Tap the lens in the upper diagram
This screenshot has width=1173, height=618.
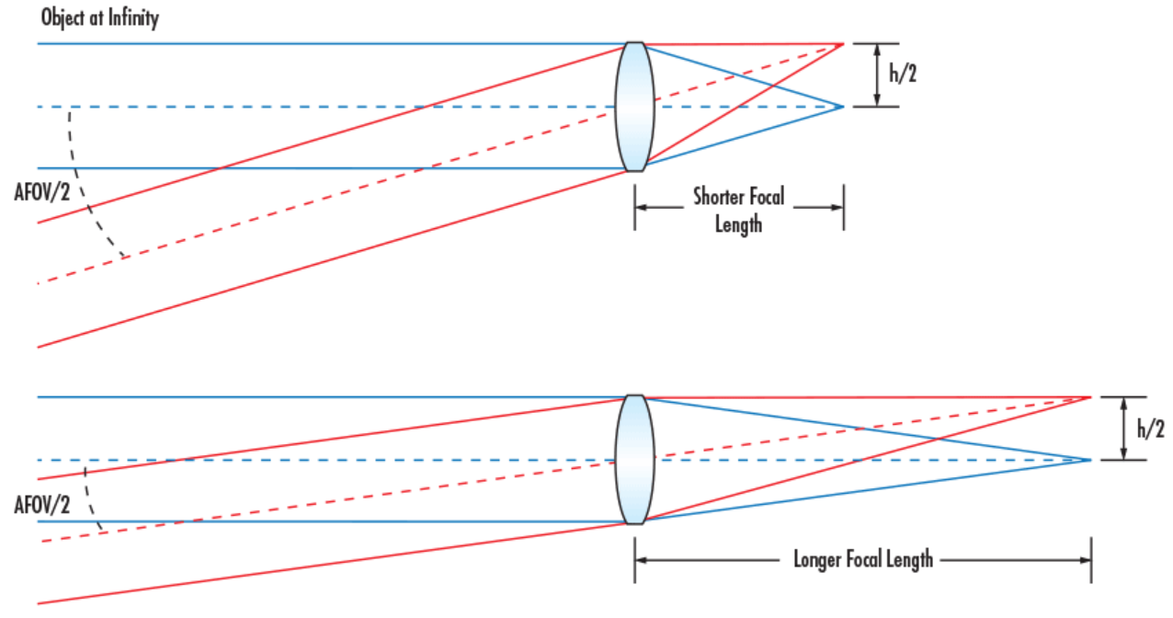634,107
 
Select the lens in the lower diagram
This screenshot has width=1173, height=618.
634,460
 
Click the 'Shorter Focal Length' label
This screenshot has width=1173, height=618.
739,210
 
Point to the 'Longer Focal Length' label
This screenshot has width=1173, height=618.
863,559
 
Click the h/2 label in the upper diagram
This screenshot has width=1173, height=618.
903,74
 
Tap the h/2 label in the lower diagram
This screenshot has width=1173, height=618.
1151,429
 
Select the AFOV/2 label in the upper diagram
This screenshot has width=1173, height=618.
42,192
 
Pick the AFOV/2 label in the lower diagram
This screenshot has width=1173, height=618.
42,505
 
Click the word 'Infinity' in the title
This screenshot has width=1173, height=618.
133,19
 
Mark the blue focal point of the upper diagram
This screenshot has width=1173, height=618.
843,107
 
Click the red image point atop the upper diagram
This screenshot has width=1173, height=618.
843,44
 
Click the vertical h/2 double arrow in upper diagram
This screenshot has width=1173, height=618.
877,75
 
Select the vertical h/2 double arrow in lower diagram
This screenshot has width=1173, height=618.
1123,429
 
